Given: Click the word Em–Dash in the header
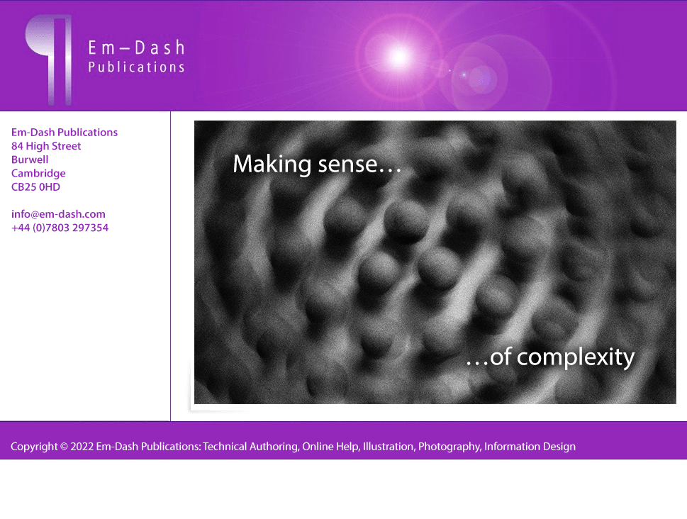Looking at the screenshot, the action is point(136,48).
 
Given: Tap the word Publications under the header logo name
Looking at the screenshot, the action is point(136,67).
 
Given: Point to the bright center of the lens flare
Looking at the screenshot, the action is point(399,57).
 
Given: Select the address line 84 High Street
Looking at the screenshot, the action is point(46,146).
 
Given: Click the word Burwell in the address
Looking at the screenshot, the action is point(30,160).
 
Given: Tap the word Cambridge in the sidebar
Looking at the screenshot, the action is point(38,174).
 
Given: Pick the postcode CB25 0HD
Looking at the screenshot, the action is point(35,187).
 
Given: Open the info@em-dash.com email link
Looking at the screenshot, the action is point(58,214).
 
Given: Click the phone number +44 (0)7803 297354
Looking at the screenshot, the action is point(60,228).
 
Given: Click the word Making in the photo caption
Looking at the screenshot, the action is point(272,164).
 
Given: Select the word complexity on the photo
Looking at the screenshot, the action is point(576,357).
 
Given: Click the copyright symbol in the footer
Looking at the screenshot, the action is point(64,447).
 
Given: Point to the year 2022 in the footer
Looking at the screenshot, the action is point(82,447).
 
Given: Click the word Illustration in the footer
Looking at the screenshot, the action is point(389,447).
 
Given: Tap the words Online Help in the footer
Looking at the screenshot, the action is point(331,447).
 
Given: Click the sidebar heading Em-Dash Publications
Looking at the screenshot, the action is point(65,133).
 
